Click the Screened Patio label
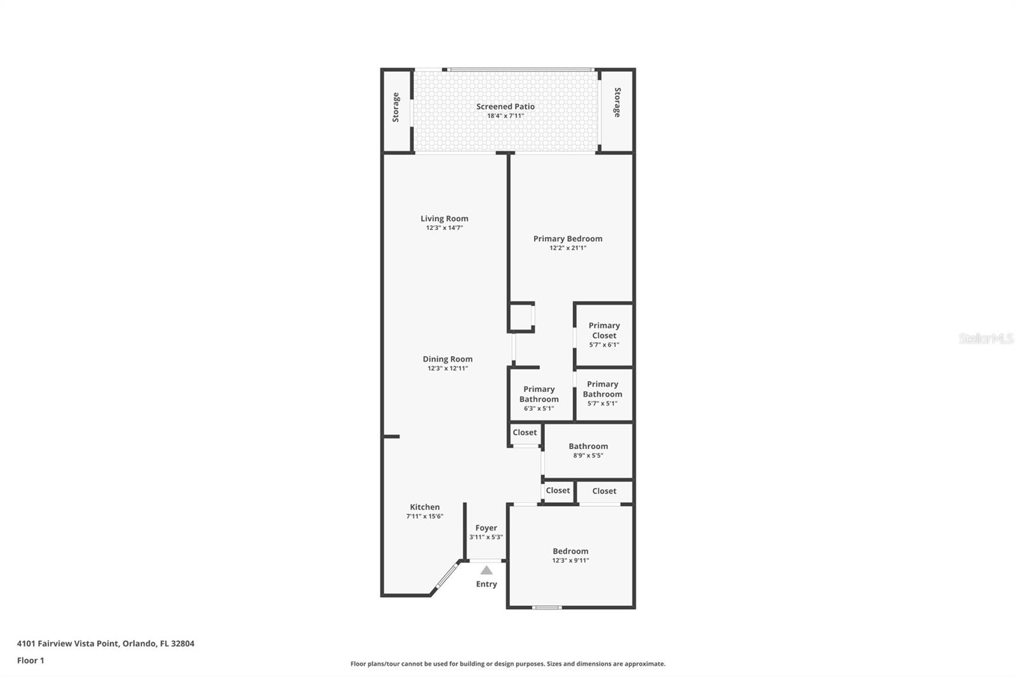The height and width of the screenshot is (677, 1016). [505, 107]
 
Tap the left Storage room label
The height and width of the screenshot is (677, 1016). [396, 107]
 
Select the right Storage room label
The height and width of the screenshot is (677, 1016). [617, 102]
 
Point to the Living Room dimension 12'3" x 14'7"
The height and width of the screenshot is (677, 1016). [444, 228]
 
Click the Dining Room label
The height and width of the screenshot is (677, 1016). [448, 359]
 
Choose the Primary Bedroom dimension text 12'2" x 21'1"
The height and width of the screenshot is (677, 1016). [568, 248]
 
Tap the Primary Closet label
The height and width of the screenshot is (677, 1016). [604, 330]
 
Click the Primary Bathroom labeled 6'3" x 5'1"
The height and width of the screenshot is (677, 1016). [538, 394]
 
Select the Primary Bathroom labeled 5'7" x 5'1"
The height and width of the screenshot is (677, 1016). [603, 389]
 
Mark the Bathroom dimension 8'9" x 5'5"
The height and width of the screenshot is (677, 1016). [588, 456]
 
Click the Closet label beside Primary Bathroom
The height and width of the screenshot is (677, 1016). [525, 432]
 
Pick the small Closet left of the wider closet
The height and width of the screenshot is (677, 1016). [558, 490]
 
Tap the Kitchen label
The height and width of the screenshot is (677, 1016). [425, 507]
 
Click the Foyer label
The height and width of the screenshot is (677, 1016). [486, 528]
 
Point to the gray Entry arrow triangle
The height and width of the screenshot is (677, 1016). [486, 570]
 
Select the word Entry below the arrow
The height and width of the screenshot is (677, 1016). [486, 584]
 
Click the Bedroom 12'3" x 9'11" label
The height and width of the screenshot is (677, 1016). [570, 552]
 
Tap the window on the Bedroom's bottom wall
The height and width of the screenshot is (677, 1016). [547, 608]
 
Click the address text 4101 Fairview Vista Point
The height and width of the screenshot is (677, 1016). [67, 643]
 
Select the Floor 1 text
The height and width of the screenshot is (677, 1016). [30, 660]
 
